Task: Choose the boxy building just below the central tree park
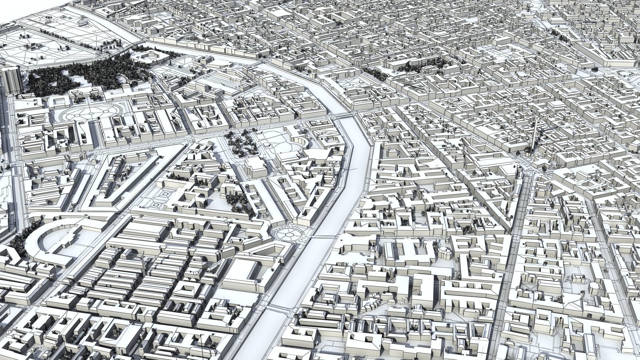click(255, 169)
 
